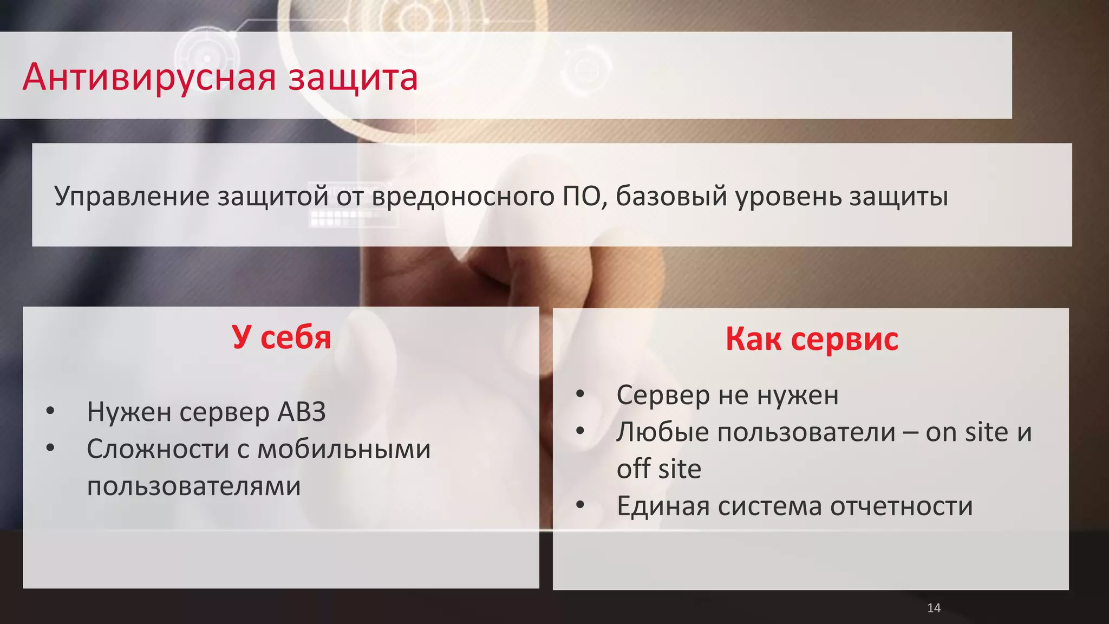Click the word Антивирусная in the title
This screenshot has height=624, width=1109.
click(x=149, y=77)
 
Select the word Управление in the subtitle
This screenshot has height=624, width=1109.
click(x=132, y=196)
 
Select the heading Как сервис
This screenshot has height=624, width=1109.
click(x=811, y=339)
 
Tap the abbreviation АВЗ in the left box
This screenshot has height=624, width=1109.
click(x=302, y=412)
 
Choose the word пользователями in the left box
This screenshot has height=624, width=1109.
click(x=193, y=486)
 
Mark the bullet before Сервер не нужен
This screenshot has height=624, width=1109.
click(x=580, y=394)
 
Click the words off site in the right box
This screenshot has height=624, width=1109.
click(x=658, y=469)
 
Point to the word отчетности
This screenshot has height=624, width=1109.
click(x=901, y=506)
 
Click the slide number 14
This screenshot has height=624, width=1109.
click(x=934, y=608)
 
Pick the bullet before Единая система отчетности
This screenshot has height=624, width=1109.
click(x=580, y=505)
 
